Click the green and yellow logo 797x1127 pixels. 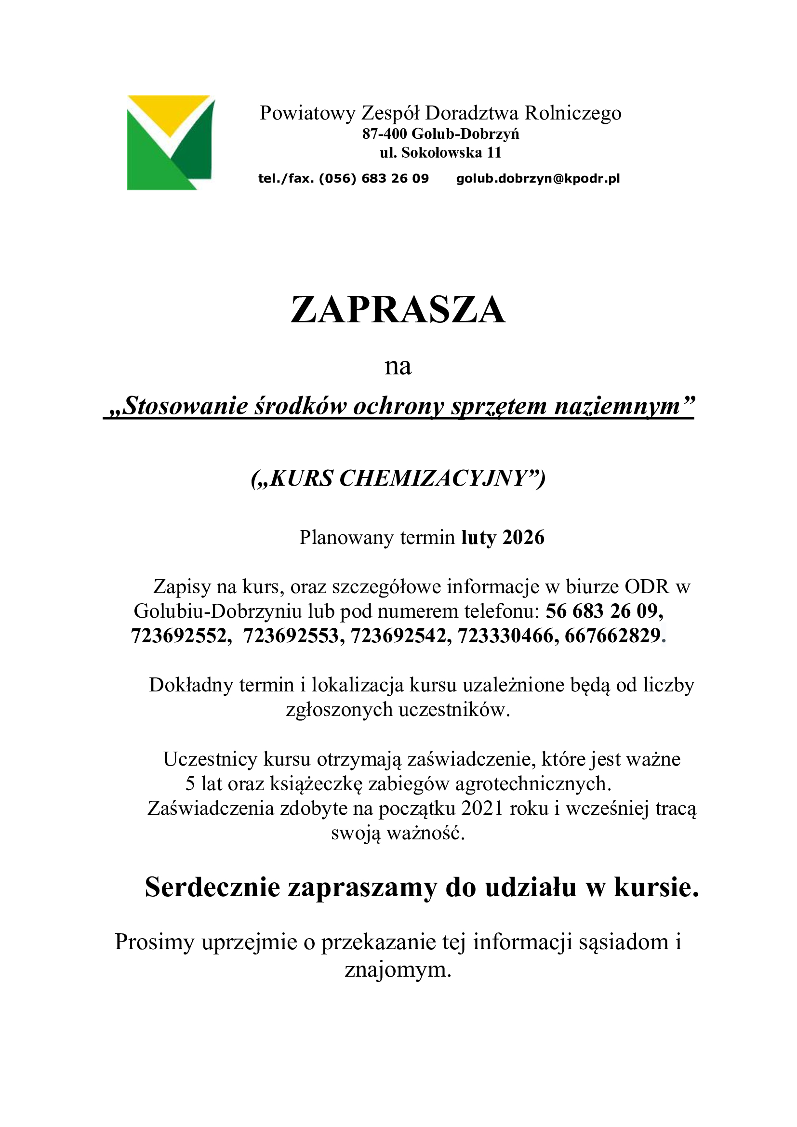pos(171,142)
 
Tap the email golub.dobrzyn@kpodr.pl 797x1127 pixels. pos(538,178)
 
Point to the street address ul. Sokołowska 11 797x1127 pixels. pos(440,153)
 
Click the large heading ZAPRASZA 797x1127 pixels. pos(398,310)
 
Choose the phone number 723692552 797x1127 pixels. pos(179,636)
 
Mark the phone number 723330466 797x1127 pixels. pos(505,636)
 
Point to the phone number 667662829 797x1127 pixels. pos(612,636)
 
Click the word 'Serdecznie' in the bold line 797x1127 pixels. pos(212,888)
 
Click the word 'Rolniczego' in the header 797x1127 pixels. pos(573,113)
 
